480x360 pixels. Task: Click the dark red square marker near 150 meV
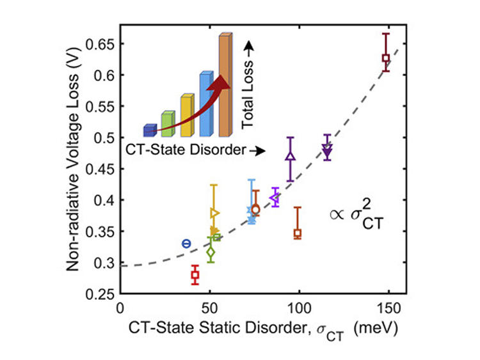coord(386,58)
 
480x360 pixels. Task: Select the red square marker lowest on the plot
coord(195,276)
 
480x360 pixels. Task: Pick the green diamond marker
coord(211,253)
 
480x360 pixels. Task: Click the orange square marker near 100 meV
coord(298,234)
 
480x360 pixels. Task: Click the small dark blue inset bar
coord(150,130)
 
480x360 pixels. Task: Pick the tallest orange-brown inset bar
coord(224,86)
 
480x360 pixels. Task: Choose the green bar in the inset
coord(168,124)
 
